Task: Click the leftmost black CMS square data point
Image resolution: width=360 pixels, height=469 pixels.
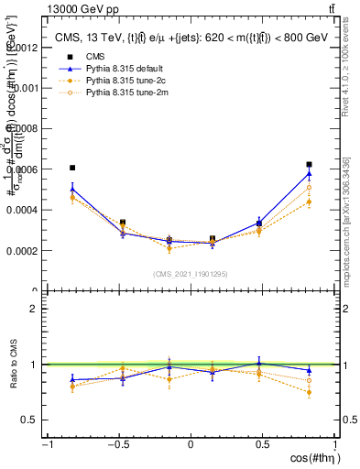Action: coord(72,168)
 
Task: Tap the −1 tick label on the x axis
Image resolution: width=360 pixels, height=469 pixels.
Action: coord(46,444)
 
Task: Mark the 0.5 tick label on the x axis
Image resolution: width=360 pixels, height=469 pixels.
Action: coord(262,444)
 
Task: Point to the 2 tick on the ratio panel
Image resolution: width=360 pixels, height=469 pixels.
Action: coord(38,309)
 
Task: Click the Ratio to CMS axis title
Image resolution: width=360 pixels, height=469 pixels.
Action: coord(13,365)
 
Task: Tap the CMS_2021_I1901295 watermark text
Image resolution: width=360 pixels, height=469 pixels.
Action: coord(191,274)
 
